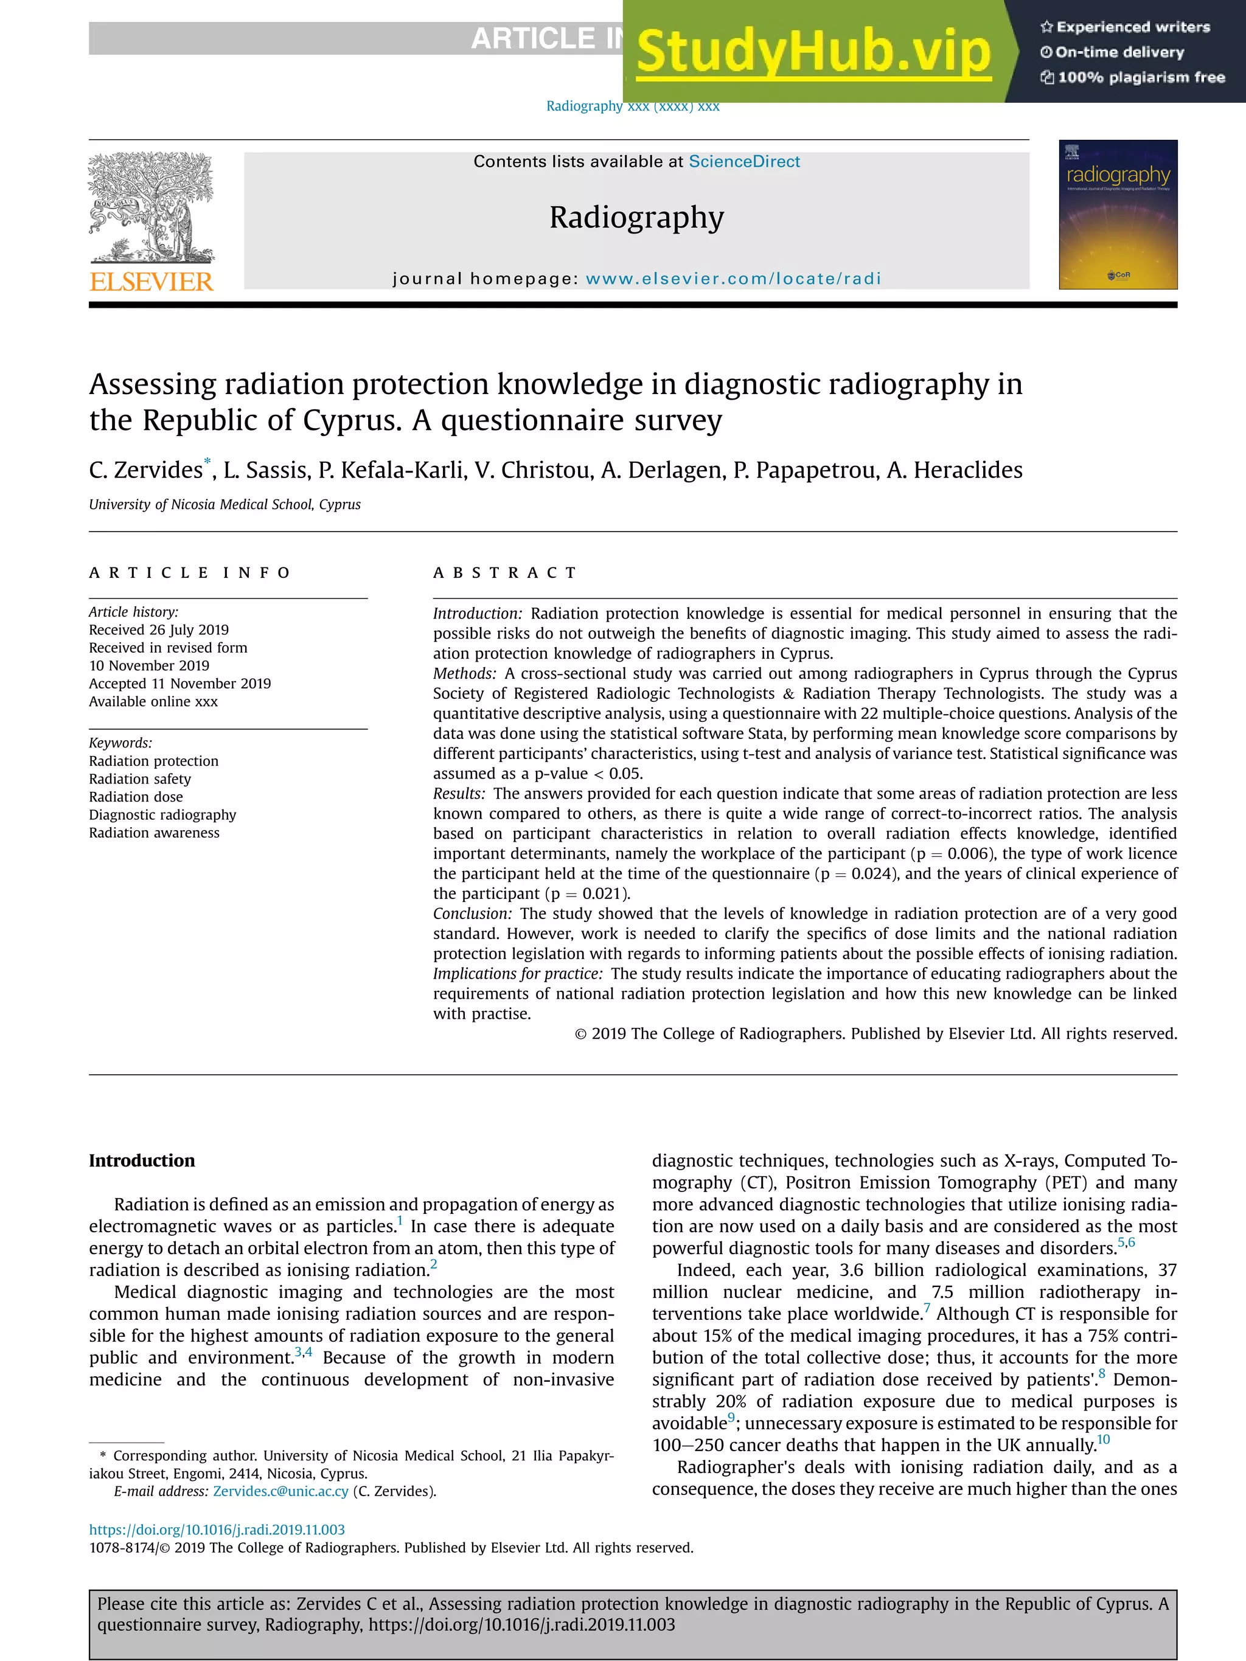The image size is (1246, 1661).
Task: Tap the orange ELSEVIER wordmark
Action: [151, 282]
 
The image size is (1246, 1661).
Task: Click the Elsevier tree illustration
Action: [151, 207]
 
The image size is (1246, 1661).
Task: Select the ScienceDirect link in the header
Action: [743, 161]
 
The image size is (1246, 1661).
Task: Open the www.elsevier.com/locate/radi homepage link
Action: [733, 279]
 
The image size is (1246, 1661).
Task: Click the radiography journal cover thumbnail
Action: [1118, 214]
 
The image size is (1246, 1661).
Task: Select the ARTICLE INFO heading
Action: [189, 573]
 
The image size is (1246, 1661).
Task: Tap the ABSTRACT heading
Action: [505, 573]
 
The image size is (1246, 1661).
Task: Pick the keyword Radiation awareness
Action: [154, 833]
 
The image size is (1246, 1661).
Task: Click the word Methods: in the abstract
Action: [464, 673]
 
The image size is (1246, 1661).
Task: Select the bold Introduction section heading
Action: [142, 1160]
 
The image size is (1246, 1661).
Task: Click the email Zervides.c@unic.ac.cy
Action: [280, 1491]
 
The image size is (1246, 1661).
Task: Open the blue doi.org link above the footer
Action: [217, 1530]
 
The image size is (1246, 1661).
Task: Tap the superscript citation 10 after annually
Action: [1103, 1440]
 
